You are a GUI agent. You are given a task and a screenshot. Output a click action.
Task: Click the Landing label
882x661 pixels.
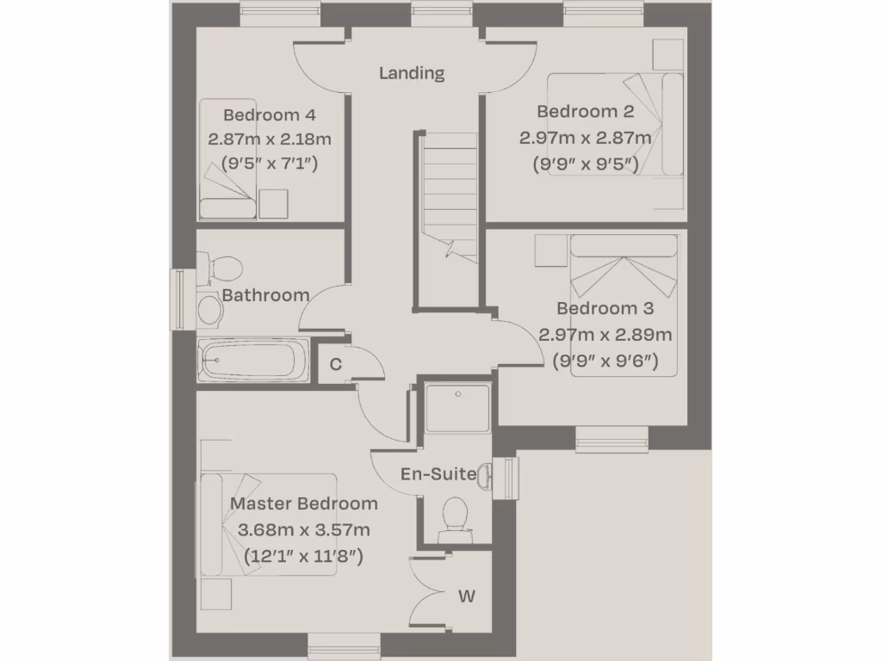tap(412, 73)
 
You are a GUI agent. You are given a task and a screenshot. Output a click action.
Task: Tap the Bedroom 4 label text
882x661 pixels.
tap(270, 114)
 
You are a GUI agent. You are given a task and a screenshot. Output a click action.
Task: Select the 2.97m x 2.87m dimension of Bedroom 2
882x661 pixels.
tap(585, 138)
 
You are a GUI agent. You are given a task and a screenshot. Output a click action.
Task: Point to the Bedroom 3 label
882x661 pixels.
tap(605, 308)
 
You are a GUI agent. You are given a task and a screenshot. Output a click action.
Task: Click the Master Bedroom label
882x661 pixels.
tap(303, 503)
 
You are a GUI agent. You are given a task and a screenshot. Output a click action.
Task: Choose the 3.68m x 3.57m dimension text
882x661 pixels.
tap(303, 529)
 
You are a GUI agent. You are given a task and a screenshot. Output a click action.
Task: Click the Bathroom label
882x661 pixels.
tap(265, 295)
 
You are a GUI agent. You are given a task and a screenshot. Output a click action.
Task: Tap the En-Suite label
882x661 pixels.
tap(438, 474)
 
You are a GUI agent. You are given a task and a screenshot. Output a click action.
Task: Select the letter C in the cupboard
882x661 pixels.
tap(336, 364)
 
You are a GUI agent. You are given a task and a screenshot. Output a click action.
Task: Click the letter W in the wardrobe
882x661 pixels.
tap(466, 596)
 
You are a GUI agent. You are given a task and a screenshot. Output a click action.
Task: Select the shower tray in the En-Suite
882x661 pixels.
tap(457, 408)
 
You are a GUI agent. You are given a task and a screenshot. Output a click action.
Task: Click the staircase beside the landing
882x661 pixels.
tap(449, 195)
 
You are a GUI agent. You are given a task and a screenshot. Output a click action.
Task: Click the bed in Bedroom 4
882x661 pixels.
tap(228, 159)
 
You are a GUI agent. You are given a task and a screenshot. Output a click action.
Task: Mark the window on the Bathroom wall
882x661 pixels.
tap(181, 300)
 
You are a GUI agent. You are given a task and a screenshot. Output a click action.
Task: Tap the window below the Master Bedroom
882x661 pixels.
tap(344, 646)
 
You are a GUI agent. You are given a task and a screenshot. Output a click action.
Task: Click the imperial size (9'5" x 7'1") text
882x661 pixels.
tap(270, 162)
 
